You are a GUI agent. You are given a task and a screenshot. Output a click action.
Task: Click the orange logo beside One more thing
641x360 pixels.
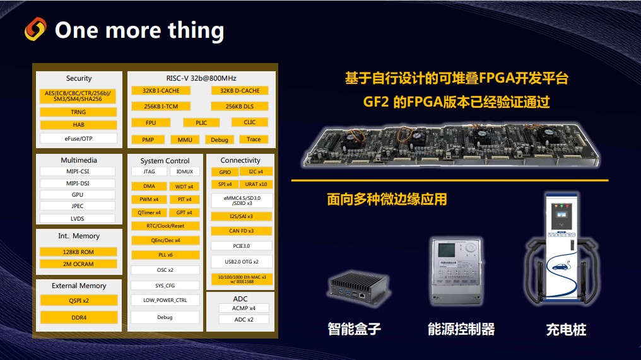click(x=35, y=29)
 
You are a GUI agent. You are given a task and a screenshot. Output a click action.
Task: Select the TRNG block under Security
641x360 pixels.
click(x=78, y=112)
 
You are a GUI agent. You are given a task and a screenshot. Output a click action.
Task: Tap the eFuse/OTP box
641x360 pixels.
click(x=78, y=138)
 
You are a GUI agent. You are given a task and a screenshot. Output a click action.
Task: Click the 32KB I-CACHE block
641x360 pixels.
click(x=161, y=91)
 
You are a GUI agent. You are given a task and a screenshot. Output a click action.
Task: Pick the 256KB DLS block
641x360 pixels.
click(x=239, y=107)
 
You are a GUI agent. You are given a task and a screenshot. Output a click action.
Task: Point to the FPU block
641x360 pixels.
click(x=150, y=123)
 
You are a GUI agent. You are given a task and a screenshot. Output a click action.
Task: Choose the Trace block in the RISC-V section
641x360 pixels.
click(x=254, y=139)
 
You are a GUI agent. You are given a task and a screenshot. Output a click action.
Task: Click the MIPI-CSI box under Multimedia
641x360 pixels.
click(x=77, y=171)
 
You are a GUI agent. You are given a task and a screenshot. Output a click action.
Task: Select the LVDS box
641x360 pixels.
click(x=77, y=219)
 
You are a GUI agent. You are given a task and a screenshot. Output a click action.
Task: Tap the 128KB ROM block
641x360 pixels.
click(x=78, y=252)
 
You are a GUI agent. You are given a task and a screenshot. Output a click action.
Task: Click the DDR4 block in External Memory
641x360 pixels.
click(x=79, y=317)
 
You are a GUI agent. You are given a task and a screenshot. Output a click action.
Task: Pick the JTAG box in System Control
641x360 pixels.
click(x=149, y=171)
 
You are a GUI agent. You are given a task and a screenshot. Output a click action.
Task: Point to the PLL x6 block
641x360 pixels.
click(x=165, y=255)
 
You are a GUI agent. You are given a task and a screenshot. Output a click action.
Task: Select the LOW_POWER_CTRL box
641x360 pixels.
click(x=165, y=300)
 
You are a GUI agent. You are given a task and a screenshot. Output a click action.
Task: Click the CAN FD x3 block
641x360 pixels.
click(x=241, y=231)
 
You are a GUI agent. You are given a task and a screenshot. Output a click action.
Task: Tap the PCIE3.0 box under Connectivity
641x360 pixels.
click(x=241, y=246)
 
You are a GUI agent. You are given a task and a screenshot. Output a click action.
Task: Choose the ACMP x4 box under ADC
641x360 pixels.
click(x=244, y=308)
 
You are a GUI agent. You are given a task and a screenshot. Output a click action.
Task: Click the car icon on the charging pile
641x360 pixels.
click(x=560, y=266)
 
